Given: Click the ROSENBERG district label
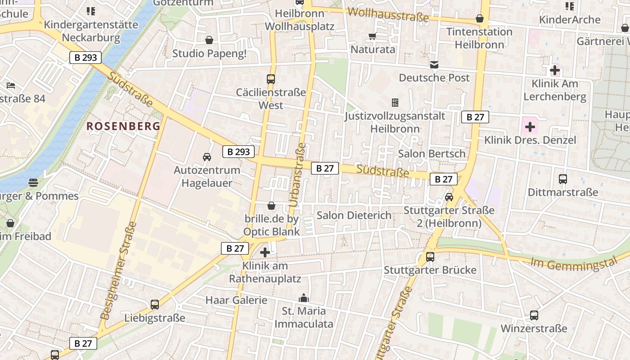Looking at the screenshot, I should tap(123, 126).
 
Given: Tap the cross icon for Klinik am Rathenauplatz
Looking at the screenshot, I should tap(265, 252).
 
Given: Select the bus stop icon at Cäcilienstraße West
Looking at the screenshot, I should tap(271, 79).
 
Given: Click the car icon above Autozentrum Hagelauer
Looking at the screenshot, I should tap(207, 157).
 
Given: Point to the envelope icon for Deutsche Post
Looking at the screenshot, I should tap(434, 65).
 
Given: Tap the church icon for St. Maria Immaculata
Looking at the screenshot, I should tap(304, 298).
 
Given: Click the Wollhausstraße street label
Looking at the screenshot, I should tap(388, 14).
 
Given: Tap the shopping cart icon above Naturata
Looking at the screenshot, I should tap(372, 36).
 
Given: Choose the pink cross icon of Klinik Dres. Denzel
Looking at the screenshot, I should tap(530, 126).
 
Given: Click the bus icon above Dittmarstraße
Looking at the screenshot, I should tap(562, 179).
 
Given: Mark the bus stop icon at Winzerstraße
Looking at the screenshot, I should tap(534, 315).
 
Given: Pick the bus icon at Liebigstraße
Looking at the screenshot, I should tap(155, 305).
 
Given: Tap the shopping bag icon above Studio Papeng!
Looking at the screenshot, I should tap(209, 40).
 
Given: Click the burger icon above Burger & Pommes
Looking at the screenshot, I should tap(33, 183).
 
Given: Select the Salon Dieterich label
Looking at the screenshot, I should tap(354, 215).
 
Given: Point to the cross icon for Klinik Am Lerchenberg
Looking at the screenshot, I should tap(555, 70).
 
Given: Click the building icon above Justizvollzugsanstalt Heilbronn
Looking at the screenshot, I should tap(395, 103).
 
